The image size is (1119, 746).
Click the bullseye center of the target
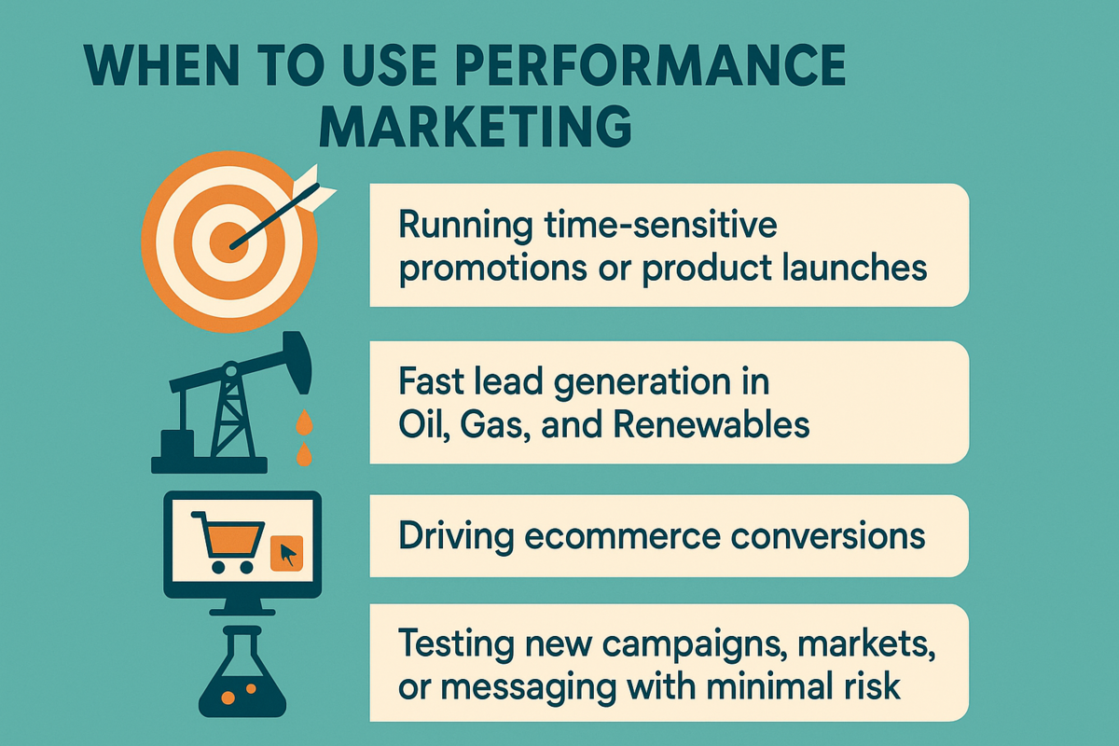[x=229, y=242]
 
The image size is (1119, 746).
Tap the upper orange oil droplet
[x=304, y=422]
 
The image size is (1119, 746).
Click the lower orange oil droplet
[x=304, y=453]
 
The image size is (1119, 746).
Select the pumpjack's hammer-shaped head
[x=297, y=362]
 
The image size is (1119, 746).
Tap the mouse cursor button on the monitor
[x=287, y=554]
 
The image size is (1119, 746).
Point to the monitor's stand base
[x=242, y=612]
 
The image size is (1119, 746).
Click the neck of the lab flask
[x=242, y=643]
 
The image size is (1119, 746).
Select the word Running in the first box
[x=465, y=227]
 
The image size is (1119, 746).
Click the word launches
[x=854, y=268]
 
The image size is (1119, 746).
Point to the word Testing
[x=456, y=644]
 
